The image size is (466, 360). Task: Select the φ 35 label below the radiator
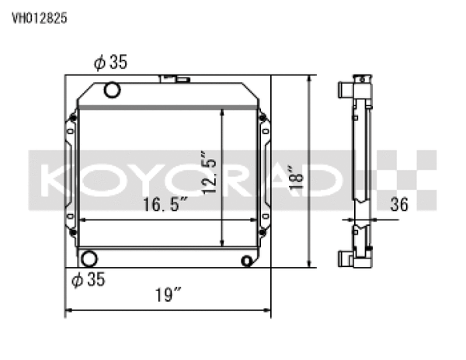[89, 278]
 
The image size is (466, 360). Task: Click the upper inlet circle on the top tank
[112, 91]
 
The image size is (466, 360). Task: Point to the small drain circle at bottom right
[248, 260]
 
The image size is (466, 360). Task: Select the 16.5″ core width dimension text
[165, 206]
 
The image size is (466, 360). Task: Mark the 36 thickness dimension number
[399, 206]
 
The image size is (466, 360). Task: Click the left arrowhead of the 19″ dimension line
[68, 312]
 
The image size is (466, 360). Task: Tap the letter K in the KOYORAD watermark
[54, 181]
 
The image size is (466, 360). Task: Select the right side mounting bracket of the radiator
[265, 175]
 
